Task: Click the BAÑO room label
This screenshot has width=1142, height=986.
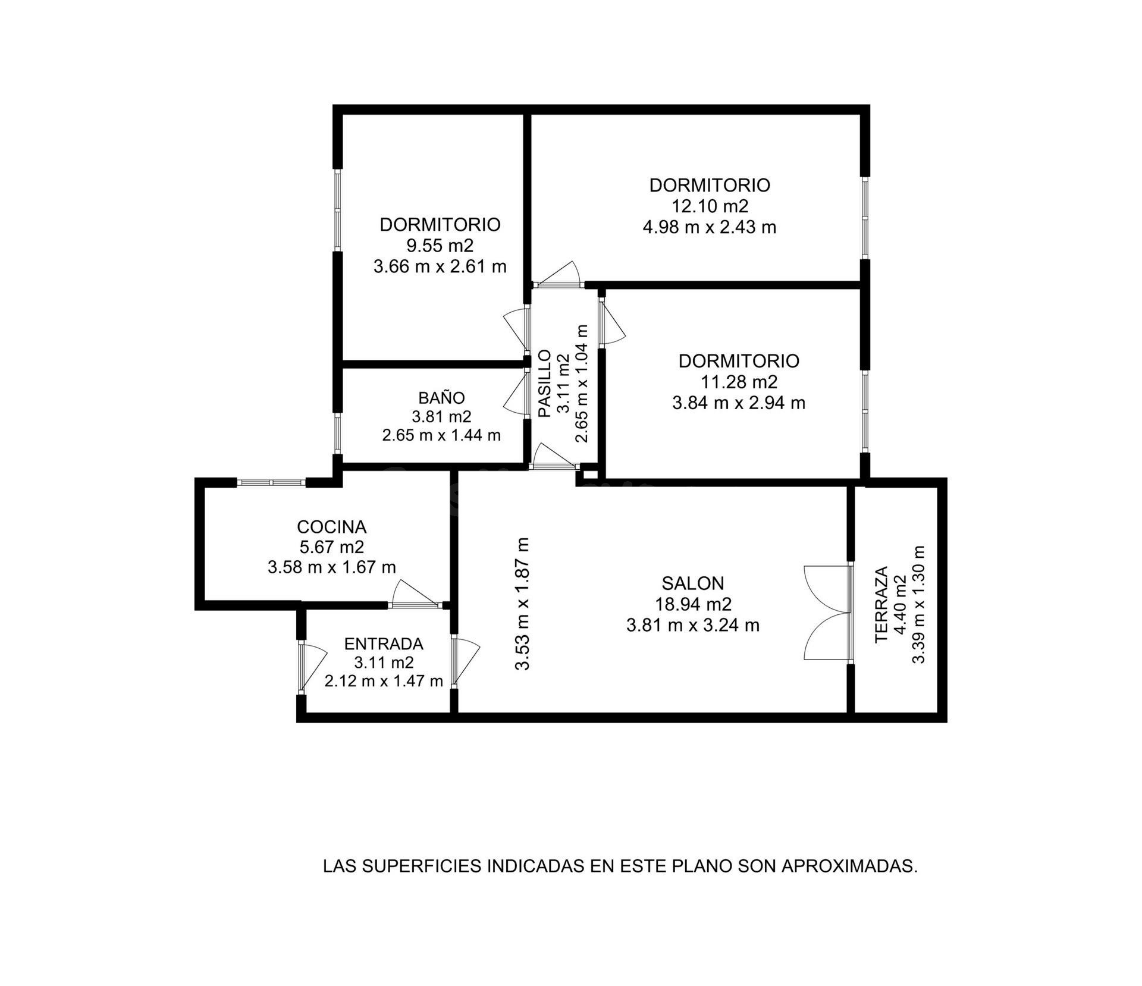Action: click(441, 397)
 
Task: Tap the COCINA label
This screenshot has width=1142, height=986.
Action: click(331, 527)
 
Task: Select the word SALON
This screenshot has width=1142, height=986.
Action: click(693, 583)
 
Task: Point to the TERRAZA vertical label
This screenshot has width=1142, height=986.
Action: click(881, 604)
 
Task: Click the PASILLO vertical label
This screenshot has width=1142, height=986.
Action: click(544, 384)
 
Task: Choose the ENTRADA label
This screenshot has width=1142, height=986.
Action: click(384, 644)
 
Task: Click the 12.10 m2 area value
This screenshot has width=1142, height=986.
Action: click(710, 206)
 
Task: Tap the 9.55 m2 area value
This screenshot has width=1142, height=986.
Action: click(440, 246)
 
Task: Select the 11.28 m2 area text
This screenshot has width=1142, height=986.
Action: click(739, 382)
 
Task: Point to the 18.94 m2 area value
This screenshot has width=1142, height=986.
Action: click(693, 604)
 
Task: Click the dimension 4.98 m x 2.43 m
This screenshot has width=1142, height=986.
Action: click(710, 227)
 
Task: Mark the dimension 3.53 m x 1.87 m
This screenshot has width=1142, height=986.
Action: click(522, 604)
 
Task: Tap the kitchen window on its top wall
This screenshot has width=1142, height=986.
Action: click(272, 482)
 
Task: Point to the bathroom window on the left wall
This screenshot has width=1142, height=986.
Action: click(337, 434)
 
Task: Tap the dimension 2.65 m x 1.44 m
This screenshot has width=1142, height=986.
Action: click(441, 435)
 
